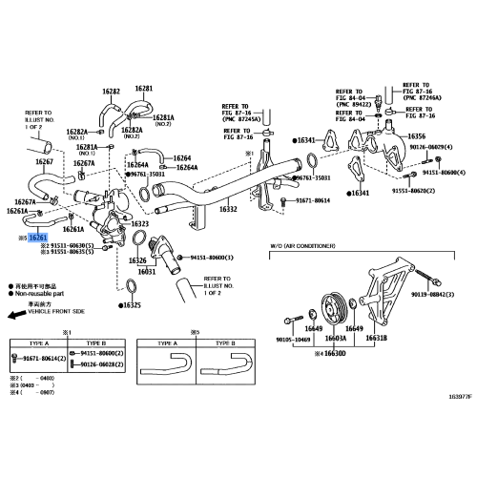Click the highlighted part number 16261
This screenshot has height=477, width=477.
39,237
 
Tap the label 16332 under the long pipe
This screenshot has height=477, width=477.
230,208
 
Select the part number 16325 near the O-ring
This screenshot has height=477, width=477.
131,305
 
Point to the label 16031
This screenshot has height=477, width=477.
147,271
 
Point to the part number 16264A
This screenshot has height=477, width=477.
184,167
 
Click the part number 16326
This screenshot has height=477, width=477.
139,259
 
